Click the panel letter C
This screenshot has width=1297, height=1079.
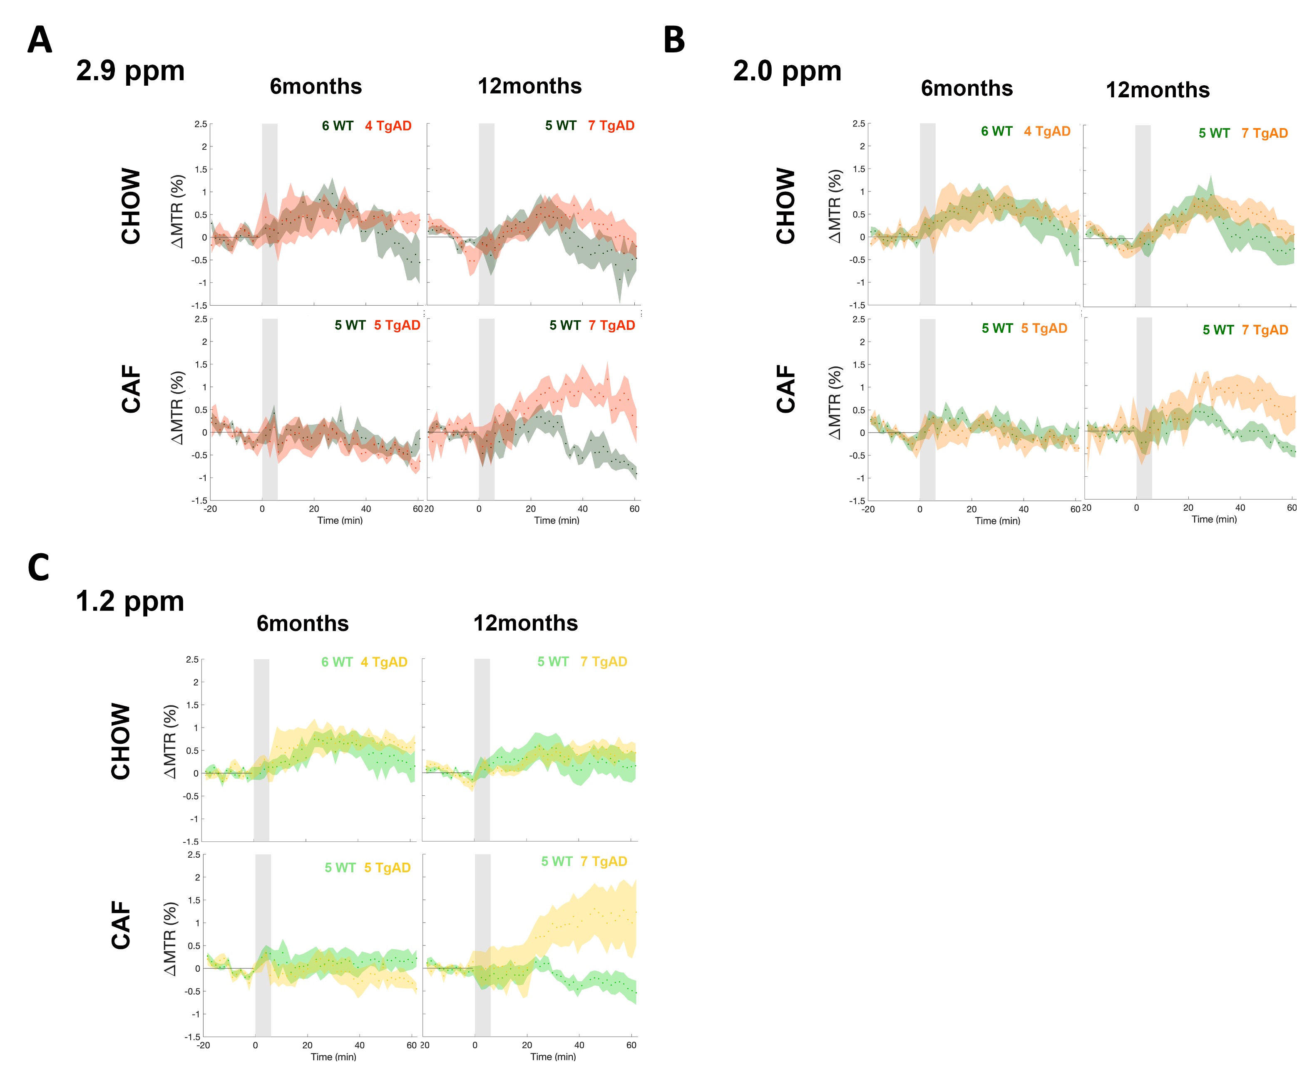pyautogui.click(x=38, y=567)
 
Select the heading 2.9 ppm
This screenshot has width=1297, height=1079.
pyautogui.click(x=130, y=70)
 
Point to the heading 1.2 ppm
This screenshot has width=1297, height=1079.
pyautogui.click(x=130, y=601)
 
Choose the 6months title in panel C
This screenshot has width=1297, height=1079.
pyautogui.click(x=303, y=624)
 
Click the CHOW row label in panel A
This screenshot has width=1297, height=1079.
pyautogui.click(x=131, y=206)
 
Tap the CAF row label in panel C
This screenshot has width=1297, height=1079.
pyautogui.click(x=121, y=925)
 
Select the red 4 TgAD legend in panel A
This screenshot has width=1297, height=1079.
pyautogui.click(x=388, y=126)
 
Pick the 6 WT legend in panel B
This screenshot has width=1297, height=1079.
pyautogui.click(x=996, y=131)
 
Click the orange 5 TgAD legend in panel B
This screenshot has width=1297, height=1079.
pyautogui.click(x=1044, y=328)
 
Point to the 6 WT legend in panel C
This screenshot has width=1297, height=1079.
pyautogui.click(x=337, y=662)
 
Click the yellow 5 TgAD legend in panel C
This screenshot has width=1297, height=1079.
pyautogui.click(x=387, y=868)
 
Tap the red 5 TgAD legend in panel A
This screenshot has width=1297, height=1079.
pyautogui.click(x=397, y=325)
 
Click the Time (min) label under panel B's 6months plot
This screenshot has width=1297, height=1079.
pyautogui.click(x=997, y=521)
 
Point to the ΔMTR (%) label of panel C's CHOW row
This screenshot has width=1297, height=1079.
pyautogui.click(x=171, y=741)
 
